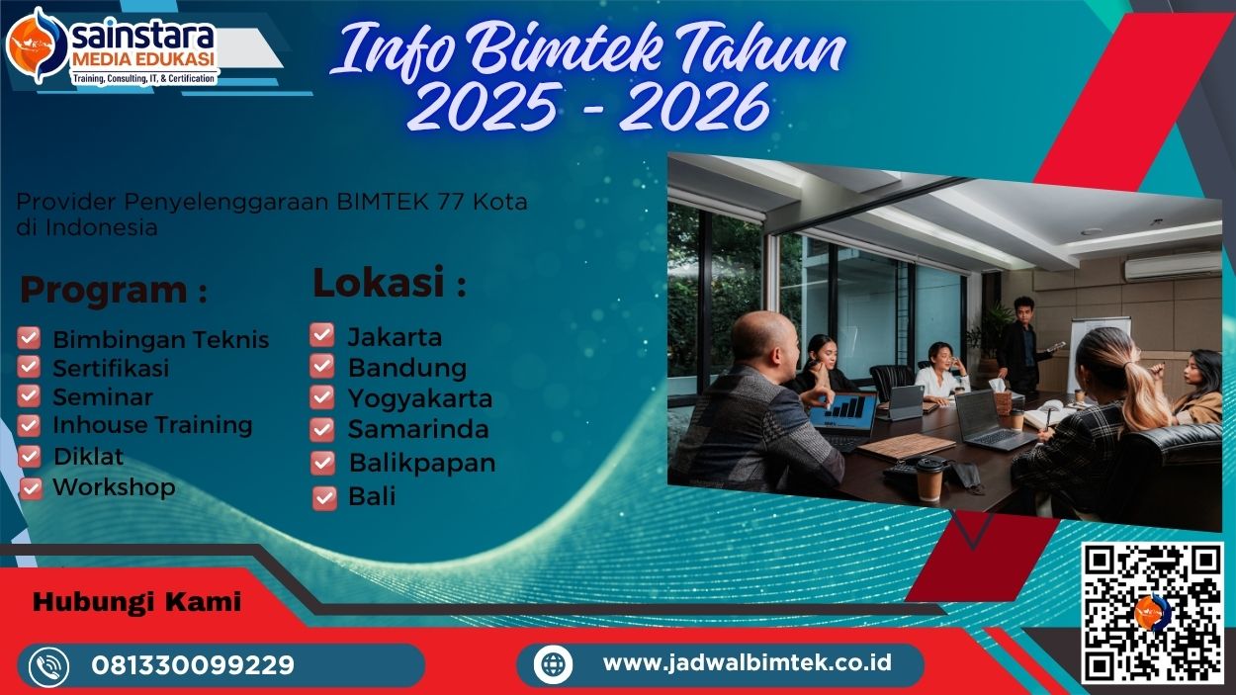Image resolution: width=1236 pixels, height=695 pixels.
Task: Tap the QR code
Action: pyautogui.click(x=1152, y=613)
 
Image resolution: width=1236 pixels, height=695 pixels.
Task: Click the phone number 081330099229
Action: pyautogui.click(x=193, y=664)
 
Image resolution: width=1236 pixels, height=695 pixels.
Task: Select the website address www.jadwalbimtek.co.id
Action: pyautogui.click(x=747, y=662)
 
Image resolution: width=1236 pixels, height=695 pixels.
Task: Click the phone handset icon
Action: pyautogui.click(x=48, y=665)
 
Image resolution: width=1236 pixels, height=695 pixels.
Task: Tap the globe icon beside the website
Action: pyautogui.click(x=553, y=663)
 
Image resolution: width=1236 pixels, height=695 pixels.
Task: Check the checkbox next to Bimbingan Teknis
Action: pyautogui.click(x=30, y=338)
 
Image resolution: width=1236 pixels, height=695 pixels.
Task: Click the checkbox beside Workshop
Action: pyautogui.click(x=32, y=487)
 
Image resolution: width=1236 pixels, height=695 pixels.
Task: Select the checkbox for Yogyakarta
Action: pyautogui.click(x=322, y=397)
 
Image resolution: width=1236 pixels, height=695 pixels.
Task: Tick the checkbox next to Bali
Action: pyautogui.click(x=324, y=497)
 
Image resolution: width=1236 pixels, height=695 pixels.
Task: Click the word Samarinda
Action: pyautogui.click(x=416, y=430)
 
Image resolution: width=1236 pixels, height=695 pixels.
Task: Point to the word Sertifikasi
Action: pyautogui.click(x=111, y=368)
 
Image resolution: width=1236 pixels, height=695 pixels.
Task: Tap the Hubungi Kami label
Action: pyautogui.click(x=137, y=602)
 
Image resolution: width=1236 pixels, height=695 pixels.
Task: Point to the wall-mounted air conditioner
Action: pyautogui.click(x=1173, y=265)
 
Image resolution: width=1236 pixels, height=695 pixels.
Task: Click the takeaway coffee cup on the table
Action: pyautogui.click(x=929, y=478)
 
